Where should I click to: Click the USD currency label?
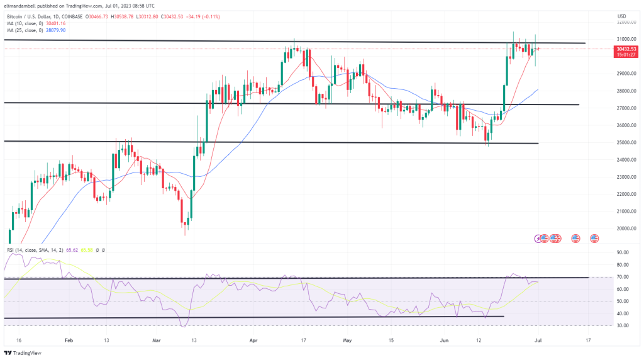[621, 16]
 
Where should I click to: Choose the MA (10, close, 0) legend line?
[35, 23]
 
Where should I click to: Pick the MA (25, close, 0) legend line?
[35, 30]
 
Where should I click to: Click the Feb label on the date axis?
[69, 339]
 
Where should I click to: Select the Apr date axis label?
[253, 339]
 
